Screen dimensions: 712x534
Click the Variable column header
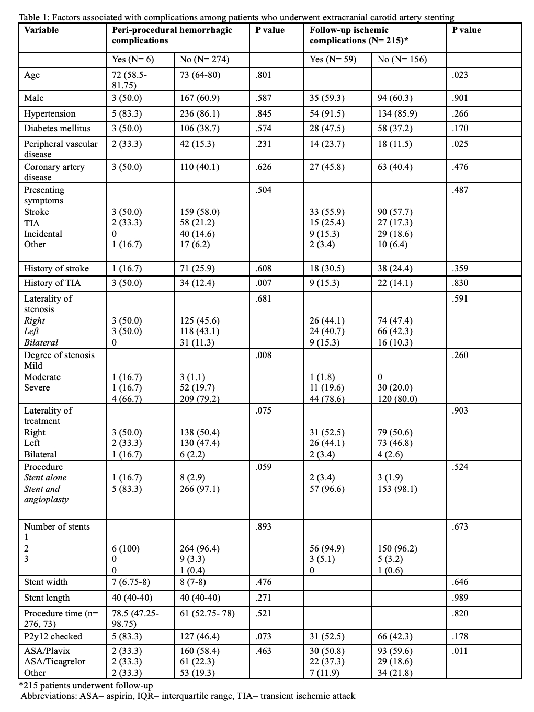(41, 30)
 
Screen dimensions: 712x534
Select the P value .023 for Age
(460, 75)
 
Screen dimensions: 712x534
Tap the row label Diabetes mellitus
(58, 129)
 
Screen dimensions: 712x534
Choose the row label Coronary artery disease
(54, 172)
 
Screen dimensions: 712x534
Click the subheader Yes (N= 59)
(333, 60)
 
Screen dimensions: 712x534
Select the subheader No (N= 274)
(204, 60)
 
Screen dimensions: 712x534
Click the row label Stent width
(46, 582)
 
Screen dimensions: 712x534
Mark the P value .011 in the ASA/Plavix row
(460, 651)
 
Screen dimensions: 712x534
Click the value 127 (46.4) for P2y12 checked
(199, 637)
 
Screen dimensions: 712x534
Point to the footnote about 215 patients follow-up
(86, 685)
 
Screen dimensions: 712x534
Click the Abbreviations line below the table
(188, 696)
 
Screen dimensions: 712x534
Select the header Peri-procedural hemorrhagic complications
(172, 35)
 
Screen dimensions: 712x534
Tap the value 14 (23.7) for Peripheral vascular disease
(327, 144)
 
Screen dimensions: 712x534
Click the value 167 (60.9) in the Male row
(199, 98)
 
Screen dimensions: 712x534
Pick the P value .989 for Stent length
(460, 598)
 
